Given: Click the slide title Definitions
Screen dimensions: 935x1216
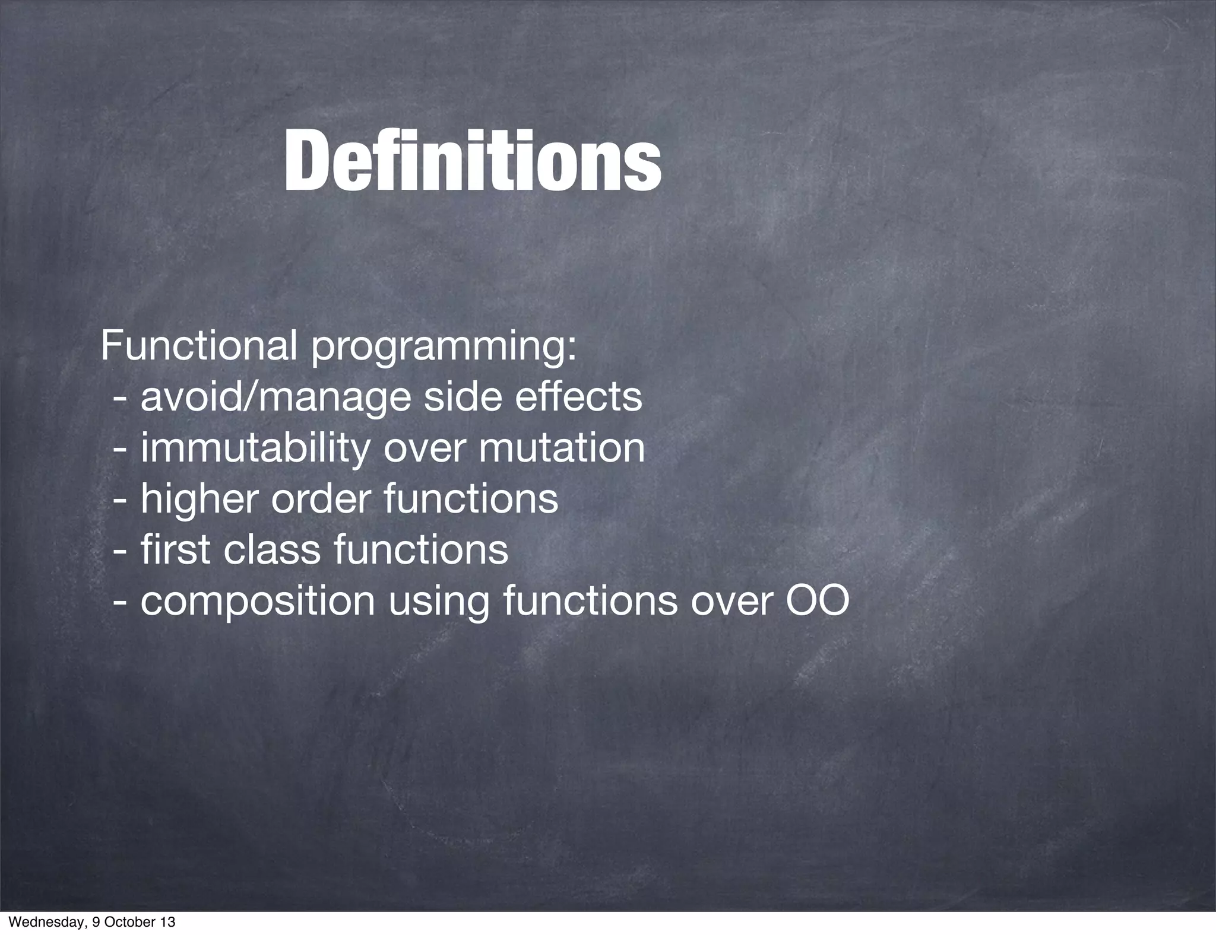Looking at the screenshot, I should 472,161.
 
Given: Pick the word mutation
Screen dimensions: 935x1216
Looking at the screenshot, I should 562,448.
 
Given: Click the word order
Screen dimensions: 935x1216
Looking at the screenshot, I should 321,499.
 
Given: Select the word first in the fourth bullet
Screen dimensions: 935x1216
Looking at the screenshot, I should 176,549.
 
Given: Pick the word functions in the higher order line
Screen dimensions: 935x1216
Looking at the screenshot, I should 471,499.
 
